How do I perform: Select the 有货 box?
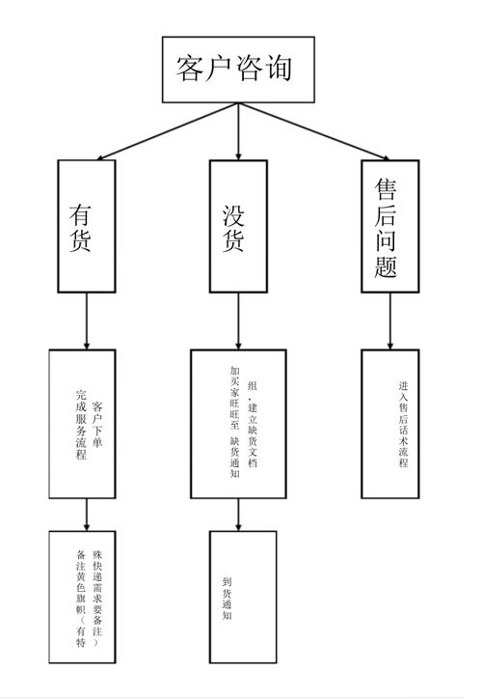click(87, 225)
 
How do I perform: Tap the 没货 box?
click(238, 225)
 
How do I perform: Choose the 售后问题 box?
click(390, 224)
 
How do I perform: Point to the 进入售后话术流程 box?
click(389, 423)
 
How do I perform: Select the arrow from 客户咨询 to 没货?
click(238, 131)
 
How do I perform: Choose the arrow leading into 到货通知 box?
click(238, 514)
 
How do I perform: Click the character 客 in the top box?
click(190, 70)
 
